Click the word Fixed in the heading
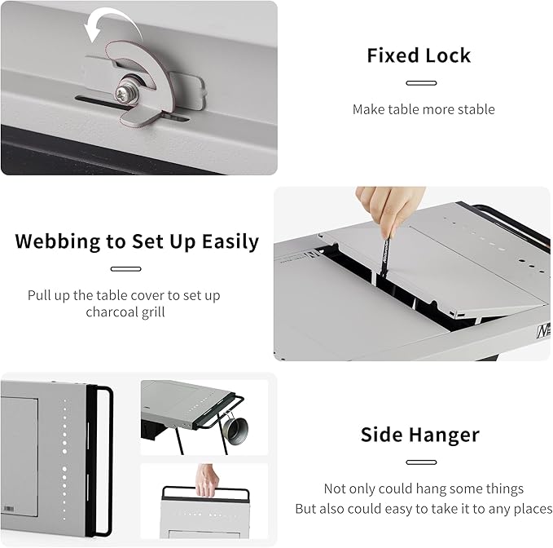tap(393, 55)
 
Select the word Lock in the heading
tap(448, 55)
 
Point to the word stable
tap(476, 109)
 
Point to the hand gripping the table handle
tap(208, 480)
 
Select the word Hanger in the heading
tap(445, 435)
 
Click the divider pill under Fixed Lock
tap(421, 83)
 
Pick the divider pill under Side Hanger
tap(421, 462)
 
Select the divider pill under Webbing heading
tap(126, 269)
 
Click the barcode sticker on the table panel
tap(9, 509)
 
